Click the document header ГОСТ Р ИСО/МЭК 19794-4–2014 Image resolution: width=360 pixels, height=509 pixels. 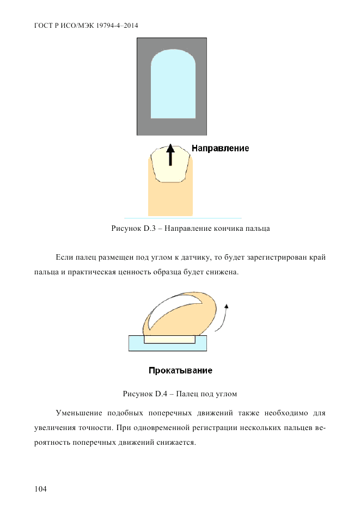click(86, 26)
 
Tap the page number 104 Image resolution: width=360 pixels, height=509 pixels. click(40, 489)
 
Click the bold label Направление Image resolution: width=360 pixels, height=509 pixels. click(221, 148)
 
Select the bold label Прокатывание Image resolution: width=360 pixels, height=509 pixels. click(180, 371)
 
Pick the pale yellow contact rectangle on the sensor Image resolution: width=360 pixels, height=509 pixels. click(169, 339)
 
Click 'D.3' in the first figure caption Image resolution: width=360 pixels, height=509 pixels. click(150, 229)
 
